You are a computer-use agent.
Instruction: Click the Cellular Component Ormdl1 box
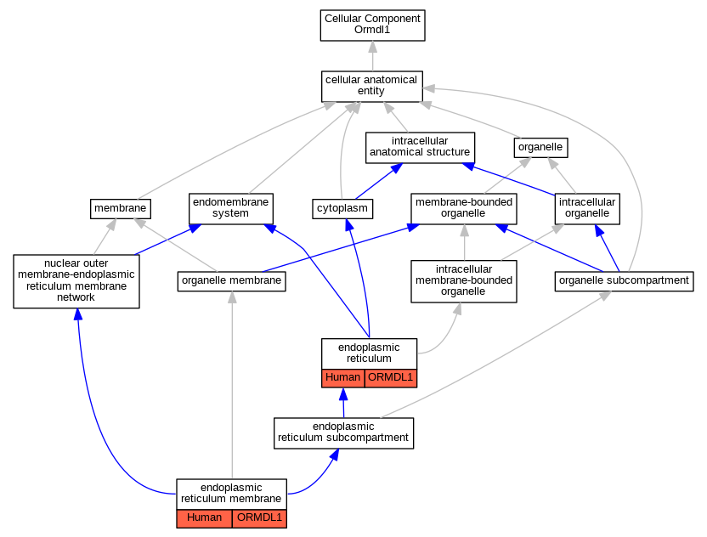(x=372, y=25)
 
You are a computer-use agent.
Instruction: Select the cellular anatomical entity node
(x=371, y=86)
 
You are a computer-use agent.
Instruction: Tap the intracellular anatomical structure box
(x=420, y=148)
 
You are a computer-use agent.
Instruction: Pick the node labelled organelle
(x=540, y=148)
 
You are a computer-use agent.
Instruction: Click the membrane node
(x=121, y=209)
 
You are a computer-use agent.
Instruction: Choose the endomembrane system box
(x=231, y=208)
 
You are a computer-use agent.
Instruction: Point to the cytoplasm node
(x=342, y=209)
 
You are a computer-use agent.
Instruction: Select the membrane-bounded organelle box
(x=463, y=209)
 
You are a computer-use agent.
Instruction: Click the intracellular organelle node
(x=587, y=209)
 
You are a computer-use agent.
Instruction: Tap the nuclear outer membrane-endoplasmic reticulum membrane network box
(x=76, y=281)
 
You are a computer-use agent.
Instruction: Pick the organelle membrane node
(x=232, y=281)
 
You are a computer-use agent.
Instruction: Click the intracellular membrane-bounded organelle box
(x=463, y=281)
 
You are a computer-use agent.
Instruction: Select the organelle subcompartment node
(x=624, y=281)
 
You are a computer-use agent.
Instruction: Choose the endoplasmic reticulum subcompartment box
(x=343, y=432)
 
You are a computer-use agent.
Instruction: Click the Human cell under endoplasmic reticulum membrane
(x=204, y=518)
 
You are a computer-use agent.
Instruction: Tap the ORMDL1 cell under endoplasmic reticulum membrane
(x=259, y=518)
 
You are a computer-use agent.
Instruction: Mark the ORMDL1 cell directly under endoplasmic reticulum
(x=391, y=378)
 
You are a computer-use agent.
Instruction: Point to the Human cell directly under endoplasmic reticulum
(x=343, y=378)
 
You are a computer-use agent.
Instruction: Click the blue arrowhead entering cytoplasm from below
(x=348, y=225)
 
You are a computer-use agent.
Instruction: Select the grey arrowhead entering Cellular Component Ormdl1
(x=372, y=47)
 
